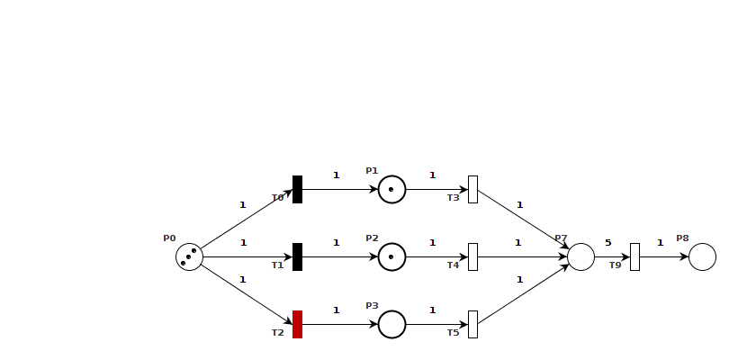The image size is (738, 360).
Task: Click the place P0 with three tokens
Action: pos(189,256)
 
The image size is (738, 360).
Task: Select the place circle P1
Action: pos(391,189)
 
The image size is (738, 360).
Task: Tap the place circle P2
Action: pos(391,256)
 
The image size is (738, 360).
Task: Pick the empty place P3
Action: pos(391,324)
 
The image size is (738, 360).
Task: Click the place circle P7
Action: pos(580,256)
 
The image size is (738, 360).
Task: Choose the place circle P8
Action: pos(702,256)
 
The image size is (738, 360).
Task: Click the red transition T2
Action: pos(297,324)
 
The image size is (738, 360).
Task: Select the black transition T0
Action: pos(297,189)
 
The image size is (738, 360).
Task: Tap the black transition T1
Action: pos(297,256)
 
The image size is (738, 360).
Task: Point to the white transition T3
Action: pos(472,189)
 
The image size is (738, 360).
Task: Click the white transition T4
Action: pos(472,256)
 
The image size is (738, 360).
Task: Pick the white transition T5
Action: pos(472,324)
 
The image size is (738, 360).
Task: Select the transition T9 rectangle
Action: pos(634,256)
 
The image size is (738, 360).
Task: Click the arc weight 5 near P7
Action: pos(607,242)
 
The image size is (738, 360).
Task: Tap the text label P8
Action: pos(682,238)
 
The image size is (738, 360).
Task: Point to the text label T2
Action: pos(277,333)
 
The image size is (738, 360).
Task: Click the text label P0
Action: pos(169,238)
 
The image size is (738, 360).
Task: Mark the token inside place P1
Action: pos(391,189)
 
